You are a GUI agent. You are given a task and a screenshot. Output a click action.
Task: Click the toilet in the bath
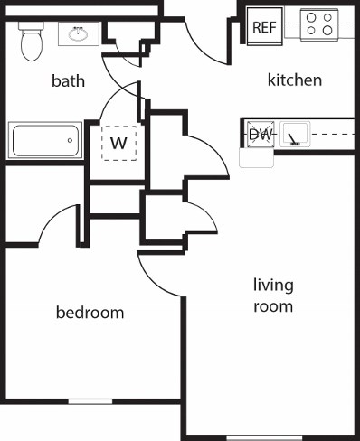coord(33,41)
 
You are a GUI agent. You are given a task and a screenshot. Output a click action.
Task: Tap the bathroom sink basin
coord(77,35)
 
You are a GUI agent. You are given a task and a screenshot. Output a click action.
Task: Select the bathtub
coord(44,140)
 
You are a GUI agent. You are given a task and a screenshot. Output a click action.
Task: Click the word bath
coord(68,81)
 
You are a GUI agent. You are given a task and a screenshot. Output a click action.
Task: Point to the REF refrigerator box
coord(263,27)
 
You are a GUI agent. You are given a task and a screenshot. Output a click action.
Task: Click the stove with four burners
coord(319,23)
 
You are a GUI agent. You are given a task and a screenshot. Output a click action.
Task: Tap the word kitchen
coord(295,80)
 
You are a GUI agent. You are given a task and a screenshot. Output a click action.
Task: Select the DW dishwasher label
coord(261,135)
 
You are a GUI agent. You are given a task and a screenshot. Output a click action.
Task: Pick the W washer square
coord(118,143)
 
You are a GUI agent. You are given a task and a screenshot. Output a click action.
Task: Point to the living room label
coord(272,296)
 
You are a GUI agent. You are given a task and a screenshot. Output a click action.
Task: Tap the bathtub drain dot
coord(71,141)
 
